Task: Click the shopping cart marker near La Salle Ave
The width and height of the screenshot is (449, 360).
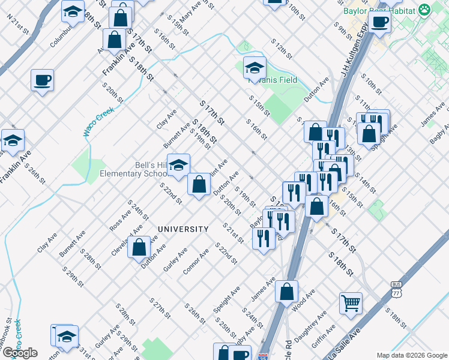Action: click(351, 302)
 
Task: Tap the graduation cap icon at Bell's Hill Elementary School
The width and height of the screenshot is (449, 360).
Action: click(178, 165)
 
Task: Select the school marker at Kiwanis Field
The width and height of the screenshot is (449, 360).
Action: click(255, 68)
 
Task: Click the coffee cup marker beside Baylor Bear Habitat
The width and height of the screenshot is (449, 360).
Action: click(379, 22)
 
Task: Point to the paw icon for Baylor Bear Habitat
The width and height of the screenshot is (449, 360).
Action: click(425, 10)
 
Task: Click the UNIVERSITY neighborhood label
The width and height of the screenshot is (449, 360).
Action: click(183, 229)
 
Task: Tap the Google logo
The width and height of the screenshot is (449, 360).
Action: click(20, 353)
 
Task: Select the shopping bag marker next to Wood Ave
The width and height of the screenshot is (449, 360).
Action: click(287, 291)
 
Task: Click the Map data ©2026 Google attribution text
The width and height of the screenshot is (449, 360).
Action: click(411, 355)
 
